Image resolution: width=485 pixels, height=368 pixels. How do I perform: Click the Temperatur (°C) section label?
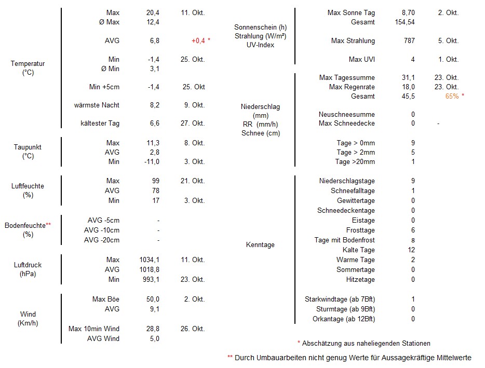pyautogui.click(x=28, y=68)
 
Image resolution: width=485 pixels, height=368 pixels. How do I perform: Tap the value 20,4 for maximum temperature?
pyautogui.click(x=153, y=12)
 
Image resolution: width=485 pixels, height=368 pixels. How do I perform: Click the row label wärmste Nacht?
pyautogui.click(x=97, y=105)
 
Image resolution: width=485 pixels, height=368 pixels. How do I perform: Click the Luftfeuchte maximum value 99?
pyautogui.click(x=155, y=181)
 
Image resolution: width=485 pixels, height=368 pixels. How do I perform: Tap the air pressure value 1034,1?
pyautogui.click(x=150, y=260)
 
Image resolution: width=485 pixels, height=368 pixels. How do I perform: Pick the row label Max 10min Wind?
pyautogui.click(x=94, y=329)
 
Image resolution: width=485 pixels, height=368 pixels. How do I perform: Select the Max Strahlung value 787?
pyautogui.click(x=409, y=41)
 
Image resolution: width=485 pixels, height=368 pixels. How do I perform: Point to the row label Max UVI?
pyautogui.click(x=362, y=60)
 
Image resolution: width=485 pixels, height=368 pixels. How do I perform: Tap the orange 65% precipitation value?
pyautogui.click(x=452, y=97)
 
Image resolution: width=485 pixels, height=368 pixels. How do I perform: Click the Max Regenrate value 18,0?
pyautogui.click(x=408, y=87)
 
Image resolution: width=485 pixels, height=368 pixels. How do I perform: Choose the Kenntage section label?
pyautogui.click(x=260, y=245)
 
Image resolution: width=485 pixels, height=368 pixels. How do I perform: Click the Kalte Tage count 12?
pyautogui.click(x=411, y=250)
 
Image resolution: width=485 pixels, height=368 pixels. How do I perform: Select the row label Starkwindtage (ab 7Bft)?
pyautogui.click(x=340, y=299)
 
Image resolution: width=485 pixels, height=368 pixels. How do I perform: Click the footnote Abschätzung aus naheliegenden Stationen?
pyautogui.click(x=366, y=344)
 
